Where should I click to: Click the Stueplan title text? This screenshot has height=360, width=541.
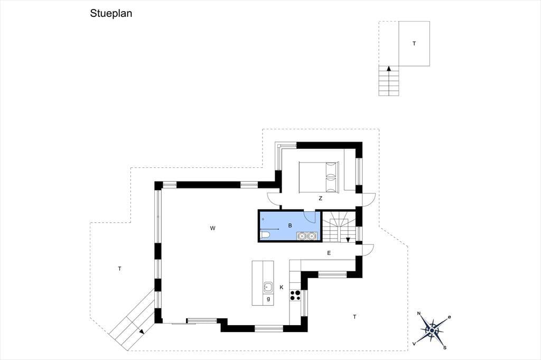coord(111,13)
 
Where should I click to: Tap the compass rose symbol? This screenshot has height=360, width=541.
coord(432,330)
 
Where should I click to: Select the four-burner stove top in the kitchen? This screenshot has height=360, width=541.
coord(295,296)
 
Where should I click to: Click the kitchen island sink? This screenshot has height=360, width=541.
coord(268,287)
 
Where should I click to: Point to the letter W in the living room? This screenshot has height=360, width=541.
coord(212,228)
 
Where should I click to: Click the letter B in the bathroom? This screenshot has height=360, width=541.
coord(290,225)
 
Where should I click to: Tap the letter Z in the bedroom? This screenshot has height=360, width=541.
coord(321,198)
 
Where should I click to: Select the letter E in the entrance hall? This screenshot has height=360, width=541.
coord(329,253)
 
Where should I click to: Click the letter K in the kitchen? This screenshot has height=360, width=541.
coord(282,287)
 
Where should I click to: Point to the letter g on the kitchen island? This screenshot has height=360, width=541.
coord(268,299)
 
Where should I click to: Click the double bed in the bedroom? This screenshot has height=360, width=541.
coord(319,176)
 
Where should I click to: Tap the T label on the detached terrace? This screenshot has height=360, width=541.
coord(414,44)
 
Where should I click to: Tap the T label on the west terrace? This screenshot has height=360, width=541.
coord(120,269)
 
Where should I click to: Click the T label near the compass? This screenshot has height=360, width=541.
coord(355,317)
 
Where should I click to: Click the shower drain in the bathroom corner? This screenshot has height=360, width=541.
coord(263,219)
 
